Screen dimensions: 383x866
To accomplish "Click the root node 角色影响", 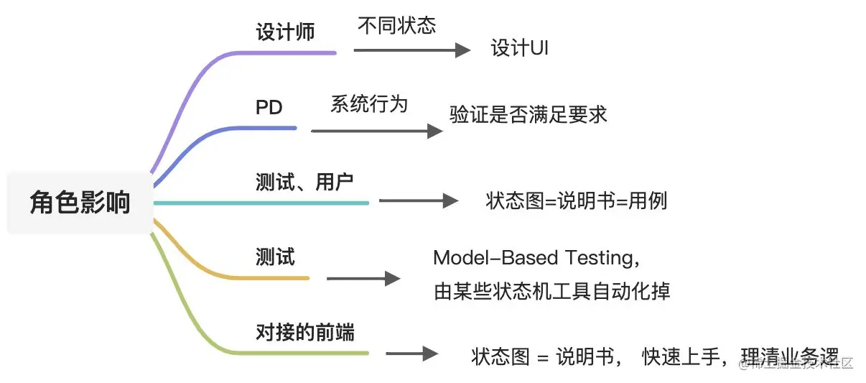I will point(80,203).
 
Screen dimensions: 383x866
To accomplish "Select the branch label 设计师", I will point(285,32).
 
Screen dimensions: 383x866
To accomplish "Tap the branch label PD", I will point(269,108).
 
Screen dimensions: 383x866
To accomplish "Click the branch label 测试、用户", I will point(304,181).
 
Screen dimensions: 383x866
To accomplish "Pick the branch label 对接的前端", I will point(305,333).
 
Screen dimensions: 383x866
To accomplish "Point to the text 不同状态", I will point(396,26).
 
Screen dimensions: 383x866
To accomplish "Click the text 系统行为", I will point(369,104).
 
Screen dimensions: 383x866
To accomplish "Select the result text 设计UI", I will point(520,49).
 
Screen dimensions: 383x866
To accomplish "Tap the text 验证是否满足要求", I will point(528,115).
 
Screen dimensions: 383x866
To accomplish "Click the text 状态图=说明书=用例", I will point(576,200).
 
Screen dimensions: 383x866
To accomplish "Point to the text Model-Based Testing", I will point(535,257).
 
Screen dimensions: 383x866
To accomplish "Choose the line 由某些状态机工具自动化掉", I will point(551,292).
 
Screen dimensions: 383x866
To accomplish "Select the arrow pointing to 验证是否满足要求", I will point(377,131).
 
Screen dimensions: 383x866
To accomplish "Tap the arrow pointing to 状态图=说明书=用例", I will point(418,201).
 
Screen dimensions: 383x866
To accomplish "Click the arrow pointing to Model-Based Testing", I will point(363,279).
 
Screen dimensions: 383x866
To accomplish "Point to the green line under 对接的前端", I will point(309,353).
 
